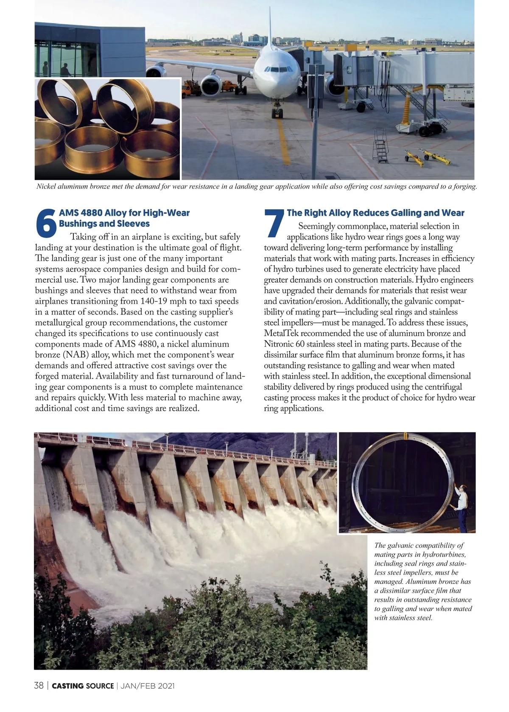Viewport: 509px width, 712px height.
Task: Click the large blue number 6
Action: coord(46,224)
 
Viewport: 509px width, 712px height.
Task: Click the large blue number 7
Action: coord(274,224)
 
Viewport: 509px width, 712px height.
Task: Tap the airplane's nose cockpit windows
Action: coord(277,69)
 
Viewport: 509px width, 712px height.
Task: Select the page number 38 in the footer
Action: coord(39,686)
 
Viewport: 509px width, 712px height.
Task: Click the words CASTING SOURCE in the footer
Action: coord(83,686)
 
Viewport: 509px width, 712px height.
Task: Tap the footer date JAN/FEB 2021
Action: coord(148,686)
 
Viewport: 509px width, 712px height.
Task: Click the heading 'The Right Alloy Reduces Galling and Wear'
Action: coord(375,213)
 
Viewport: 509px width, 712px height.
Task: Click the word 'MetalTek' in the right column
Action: coord(281,333)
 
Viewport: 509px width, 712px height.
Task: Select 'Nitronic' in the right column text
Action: coord(280,344)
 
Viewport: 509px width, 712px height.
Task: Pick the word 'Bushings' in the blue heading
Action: coord(77,224)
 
